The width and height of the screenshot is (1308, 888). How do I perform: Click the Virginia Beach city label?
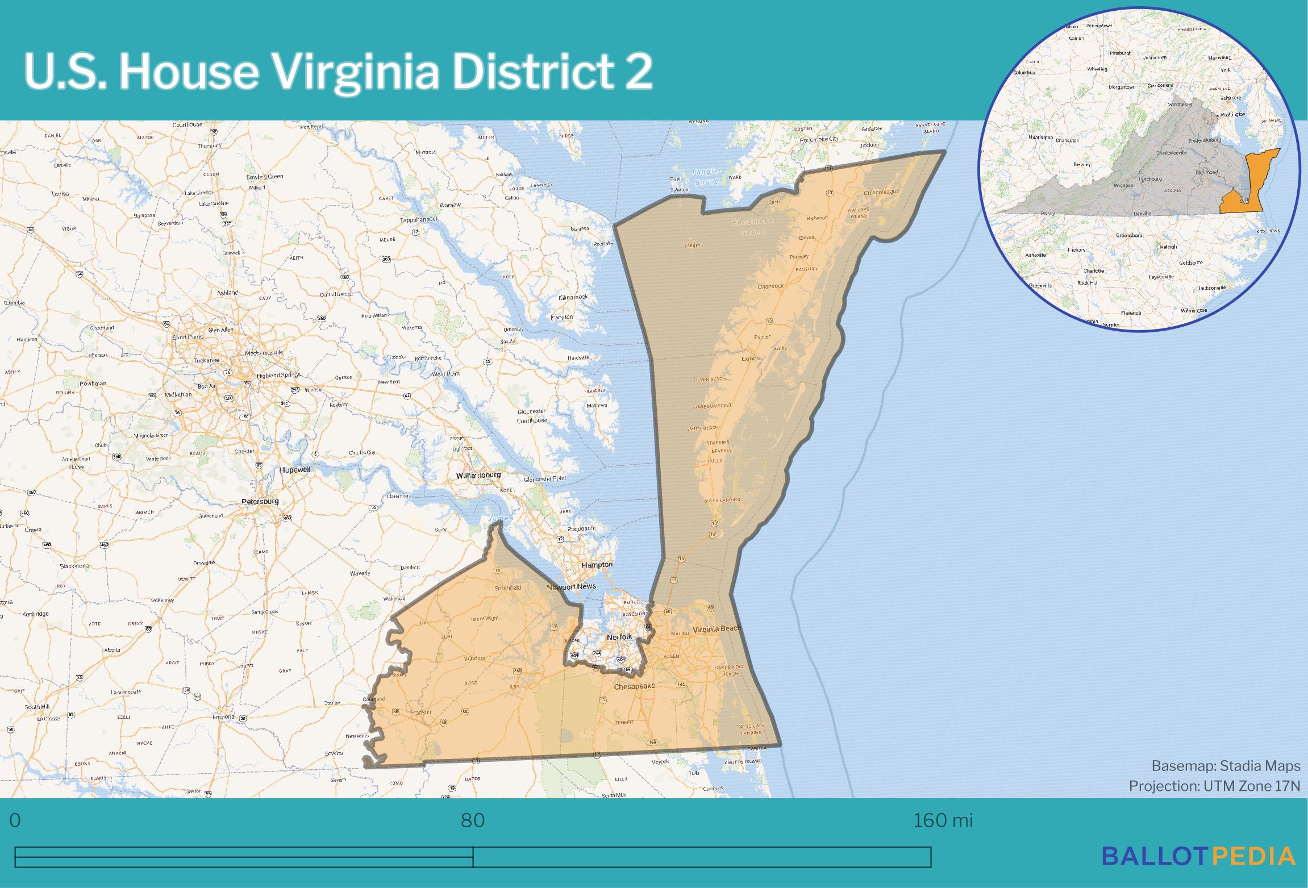point(717,629)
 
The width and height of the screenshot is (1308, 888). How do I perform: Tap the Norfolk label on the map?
point(619,637)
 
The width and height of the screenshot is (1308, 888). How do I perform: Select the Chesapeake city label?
point(634,686)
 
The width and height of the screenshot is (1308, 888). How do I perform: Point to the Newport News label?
point(571,586)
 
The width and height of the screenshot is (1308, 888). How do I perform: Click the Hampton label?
point(597,565)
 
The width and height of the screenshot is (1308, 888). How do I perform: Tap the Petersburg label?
point(260,502)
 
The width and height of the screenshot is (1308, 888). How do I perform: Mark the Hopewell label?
point(295,470)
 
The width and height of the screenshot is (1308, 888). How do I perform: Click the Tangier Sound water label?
point(706,176)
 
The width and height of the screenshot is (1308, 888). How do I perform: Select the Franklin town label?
point(420,712)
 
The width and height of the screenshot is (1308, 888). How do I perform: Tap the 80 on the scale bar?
point(473,820)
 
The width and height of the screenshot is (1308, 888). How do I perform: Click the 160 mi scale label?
point(943,820)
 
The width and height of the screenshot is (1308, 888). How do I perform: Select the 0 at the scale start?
point(15,820)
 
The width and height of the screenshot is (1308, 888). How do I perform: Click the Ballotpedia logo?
point(1198,856)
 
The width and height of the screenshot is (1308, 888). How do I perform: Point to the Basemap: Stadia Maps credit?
point(1226,766)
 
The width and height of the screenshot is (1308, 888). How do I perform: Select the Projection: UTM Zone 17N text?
point(1214,786)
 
